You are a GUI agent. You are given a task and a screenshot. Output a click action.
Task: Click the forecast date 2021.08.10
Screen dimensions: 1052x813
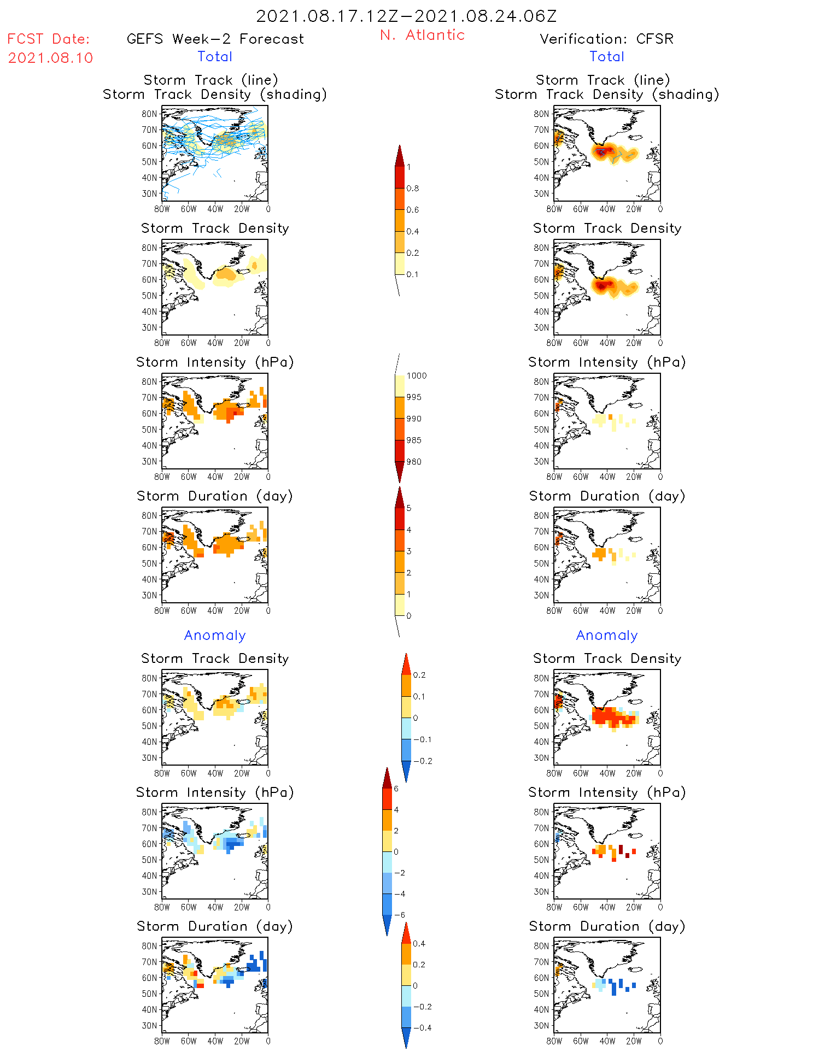50,58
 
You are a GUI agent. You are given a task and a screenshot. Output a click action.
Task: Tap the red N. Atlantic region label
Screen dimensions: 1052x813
422,35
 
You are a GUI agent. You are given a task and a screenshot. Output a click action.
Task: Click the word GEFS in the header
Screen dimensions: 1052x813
145,39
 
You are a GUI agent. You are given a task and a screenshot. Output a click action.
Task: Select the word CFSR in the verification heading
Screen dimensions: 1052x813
654,39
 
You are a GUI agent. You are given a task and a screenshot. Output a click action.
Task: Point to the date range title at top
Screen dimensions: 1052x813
406,16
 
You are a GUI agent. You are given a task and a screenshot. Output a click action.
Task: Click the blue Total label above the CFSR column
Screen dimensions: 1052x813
607,56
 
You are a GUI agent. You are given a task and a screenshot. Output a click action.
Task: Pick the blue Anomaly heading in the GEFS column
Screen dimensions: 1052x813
215,635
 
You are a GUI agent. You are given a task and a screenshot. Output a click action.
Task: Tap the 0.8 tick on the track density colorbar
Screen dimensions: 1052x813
413,189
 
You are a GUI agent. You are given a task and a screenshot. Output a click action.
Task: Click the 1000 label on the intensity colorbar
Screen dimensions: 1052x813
416,375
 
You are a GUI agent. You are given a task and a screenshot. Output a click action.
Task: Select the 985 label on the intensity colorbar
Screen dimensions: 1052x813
414,440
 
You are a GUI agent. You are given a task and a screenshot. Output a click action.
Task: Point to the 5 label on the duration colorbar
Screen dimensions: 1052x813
409,508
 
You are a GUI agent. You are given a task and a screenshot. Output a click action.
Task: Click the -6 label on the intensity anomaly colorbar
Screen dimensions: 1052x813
399,915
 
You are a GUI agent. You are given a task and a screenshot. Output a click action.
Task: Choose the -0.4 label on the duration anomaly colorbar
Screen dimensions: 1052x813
422,1027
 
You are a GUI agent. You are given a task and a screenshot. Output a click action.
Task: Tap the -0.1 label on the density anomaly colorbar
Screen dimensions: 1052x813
422,739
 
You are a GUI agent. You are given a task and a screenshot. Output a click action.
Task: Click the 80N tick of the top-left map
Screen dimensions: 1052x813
149,114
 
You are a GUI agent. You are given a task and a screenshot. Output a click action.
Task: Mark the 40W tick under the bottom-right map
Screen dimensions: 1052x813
607,1041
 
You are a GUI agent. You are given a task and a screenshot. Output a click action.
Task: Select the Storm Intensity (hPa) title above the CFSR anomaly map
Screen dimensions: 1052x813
607,792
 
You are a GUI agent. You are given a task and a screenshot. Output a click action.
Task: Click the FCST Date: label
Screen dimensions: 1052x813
48,39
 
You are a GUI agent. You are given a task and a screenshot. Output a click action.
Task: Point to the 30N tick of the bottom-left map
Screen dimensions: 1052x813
149,1025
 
